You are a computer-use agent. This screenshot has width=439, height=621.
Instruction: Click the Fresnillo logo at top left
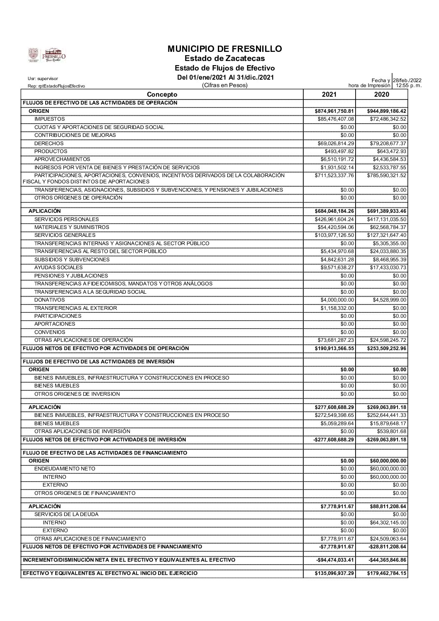tap(47, 55)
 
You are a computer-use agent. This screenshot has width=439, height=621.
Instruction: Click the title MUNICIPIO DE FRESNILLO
tap(224, 49)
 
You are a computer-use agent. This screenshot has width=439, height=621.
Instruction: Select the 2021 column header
tap(329, 95)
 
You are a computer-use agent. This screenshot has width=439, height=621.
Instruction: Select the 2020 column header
tap(381, 95)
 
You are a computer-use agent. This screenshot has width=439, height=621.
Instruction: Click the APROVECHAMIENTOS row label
tap(62, 159)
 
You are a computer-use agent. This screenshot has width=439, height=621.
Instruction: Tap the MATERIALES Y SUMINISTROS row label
tap(72, 227)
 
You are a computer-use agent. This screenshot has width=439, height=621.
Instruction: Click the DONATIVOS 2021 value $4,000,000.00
tap(337, 300)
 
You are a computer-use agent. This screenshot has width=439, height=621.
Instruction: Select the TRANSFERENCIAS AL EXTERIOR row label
tap(76, 308)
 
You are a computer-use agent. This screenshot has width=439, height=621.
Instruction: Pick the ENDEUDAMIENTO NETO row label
tap(65, 469)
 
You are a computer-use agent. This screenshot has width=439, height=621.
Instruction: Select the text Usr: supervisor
tap(43, 78)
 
